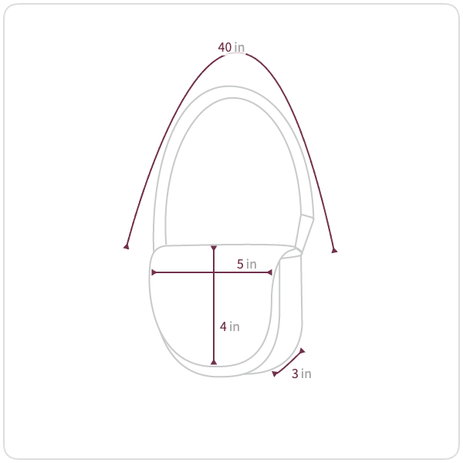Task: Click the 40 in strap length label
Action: (231, 47)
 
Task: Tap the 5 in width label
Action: (247, 264)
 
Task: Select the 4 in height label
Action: (229, 326)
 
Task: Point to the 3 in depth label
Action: (302, 373)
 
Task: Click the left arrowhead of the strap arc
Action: (127, 246)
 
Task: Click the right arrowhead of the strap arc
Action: (334, 250)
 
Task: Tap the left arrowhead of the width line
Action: (154, 272)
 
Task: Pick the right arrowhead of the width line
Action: (269, 272)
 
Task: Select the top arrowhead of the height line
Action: (214, 248)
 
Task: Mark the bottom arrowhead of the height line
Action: (214, 362)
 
